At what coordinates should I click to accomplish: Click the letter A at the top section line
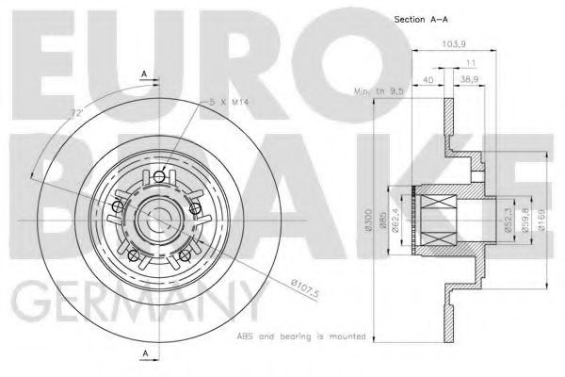pyautogui.click(x=143, y=73)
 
